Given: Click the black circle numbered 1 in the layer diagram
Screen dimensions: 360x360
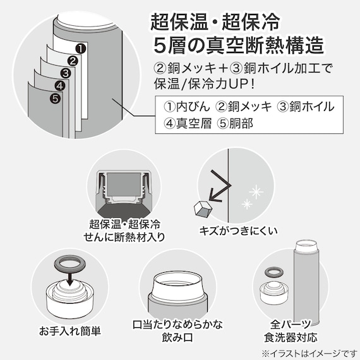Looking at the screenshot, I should [80, 47].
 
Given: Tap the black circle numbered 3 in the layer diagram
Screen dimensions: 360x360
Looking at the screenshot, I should [65, 73].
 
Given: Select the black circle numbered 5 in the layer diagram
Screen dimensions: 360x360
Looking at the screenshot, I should [54, 98].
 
